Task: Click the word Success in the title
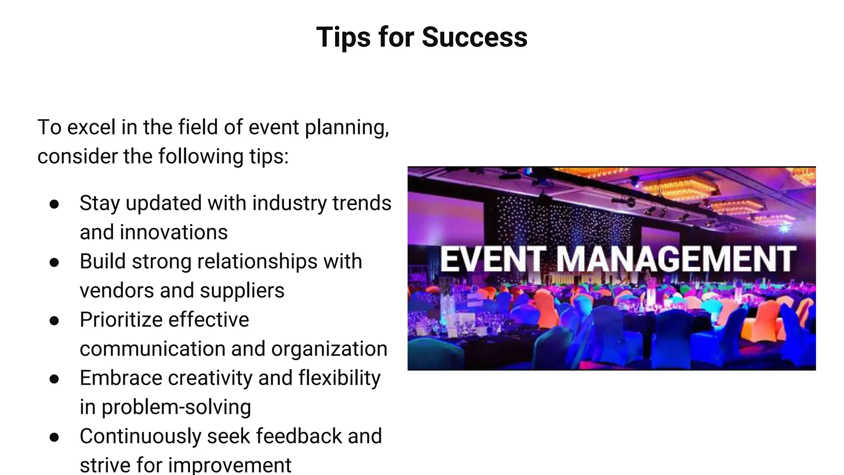pos(474,38)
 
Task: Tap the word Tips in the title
pos(343,38)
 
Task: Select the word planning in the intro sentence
pos(347,128)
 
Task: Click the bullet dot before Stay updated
pos(54,204)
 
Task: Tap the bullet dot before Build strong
pos(54,262)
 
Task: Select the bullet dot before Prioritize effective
pos(54,320)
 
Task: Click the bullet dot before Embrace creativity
pos(54,379)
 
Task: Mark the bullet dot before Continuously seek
pos(54,437)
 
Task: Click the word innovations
pos(174,232)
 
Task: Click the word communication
pos(152,349)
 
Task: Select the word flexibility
pos(339,378)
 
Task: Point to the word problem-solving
pos(176,407)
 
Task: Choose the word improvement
pos(230,466)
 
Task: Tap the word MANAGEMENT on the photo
pos(676,259)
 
